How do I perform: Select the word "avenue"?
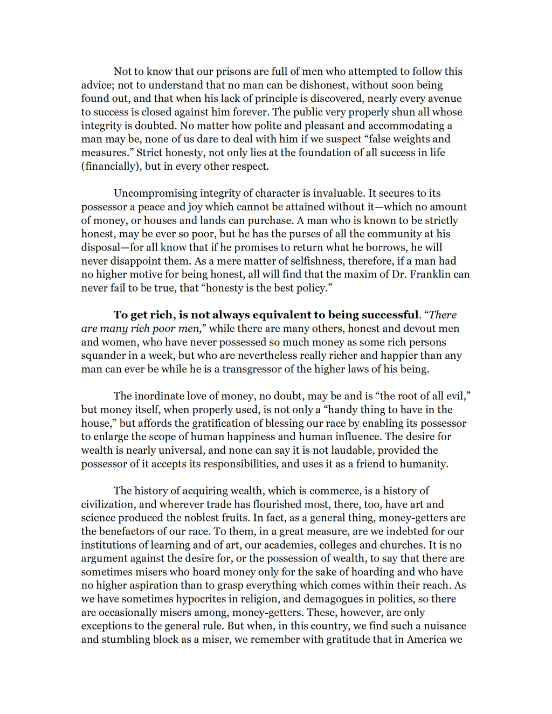[444, 99]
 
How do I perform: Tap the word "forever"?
[248, 112]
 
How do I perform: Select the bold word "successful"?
[385, 315]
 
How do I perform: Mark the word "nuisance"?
[445, 626]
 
